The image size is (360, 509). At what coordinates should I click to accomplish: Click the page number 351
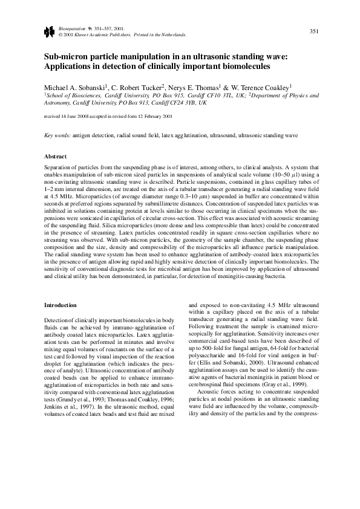coord(314,31)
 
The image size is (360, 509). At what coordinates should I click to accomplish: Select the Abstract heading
coord(56,157)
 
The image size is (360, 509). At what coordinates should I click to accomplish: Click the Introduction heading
coord(61,305)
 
